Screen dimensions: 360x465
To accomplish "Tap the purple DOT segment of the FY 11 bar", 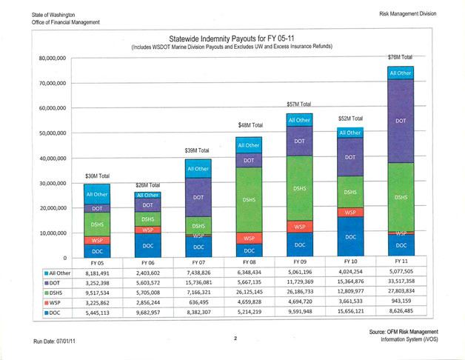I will coord(400,120).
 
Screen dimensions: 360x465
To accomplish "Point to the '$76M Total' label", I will coord(400,57).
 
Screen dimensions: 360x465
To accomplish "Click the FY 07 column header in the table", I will coord(195,262).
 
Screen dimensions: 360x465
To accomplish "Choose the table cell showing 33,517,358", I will coord(400,282).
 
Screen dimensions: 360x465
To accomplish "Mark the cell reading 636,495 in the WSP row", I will coord(195,303).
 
